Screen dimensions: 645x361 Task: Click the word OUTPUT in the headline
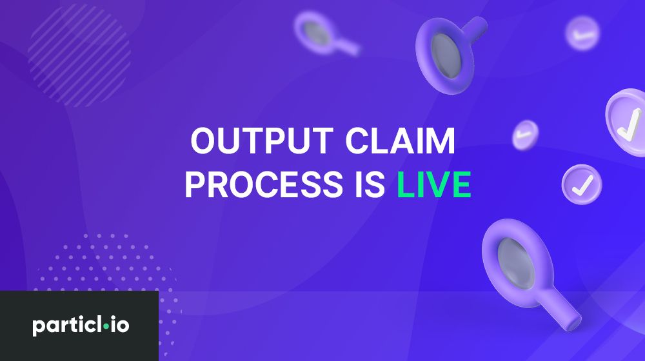point(262,141)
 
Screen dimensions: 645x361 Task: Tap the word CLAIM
point(401,141)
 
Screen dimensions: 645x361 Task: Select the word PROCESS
point(264,184)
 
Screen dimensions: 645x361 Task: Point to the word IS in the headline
point(370,184)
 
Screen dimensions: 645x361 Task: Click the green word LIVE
point(434,184)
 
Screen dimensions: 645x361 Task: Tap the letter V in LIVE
point(433,184)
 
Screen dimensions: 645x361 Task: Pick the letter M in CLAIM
point(440,141)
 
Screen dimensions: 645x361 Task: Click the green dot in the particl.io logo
point(106,326)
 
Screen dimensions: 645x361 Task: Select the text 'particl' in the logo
point(67,326)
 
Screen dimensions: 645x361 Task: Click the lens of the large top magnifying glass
point(445,56)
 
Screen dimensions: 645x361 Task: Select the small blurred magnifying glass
point(325,34)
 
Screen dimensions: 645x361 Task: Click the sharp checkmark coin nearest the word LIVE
point(582,184)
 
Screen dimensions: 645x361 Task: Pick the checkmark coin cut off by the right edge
point(626,122)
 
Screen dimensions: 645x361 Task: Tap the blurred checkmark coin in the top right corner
point(582,34)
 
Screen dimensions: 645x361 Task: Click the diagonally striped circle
point(79,55)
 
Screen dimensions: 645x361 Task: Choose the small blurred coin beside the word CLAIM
point(525,135)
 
